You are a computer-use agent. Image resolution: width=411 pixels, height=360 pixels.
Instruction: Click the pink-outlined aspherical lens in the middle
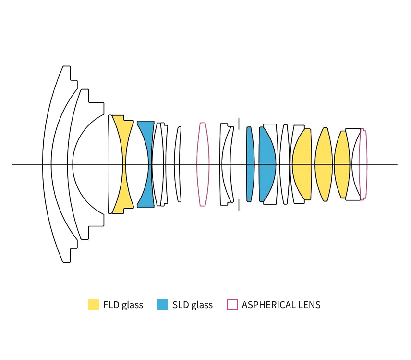(x=203, y=164)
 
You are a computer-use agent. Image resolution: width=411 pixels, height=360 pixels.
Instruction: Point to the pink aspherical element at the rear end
(x=364, y=164)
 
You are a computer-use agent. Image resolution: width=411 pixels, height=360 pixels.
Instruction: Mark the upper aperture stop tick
(x=239, y=124)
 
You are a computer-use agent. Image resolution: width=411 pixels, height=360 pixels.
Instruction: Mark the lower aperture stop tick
(x=239, y=205)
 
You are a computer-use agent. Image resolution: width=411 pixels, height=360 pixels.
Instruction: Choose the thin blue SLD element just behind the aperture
(x=250, y=164)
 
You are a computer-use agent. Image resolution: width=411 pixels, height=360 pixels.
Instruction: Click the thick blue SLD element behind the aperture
(x=267, y=164)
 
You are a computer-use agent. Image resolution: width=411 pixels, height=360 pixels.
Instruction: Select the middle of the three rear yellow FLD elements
(x=324, y=164)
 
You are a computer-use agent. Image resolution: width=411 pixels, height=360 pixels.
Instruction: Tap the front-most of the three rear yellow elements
(x=302, y=164)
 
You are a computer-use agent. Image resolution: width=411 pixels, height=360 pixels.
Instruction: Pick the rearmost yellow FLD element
(x=342, y=164)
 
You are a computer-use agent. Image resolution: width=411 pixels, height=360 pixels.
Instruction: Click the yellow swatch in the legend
(x=94, y=304)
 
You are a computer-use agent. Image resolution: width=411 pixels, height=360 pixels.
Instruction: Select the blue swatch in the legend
(x=162, y=304)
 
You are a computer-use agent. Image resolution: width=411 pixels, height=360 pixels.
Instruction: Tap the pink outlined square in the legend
(x=232, y=304)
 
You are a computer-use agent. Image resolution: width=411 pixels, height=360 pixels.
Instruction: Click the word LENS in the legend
(x=310, y=305)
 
